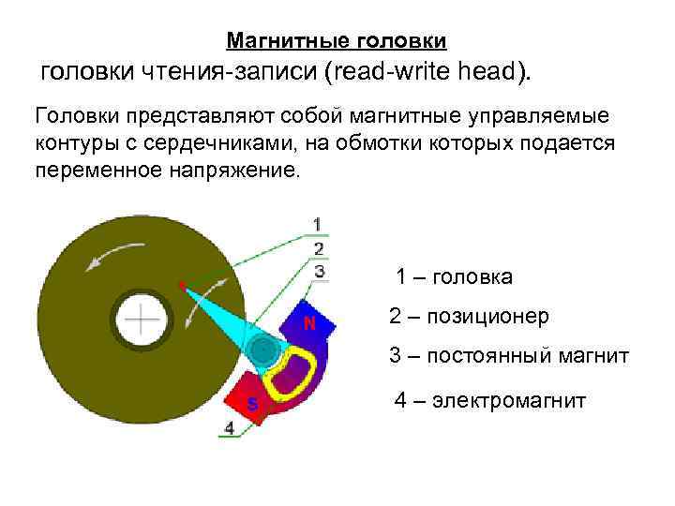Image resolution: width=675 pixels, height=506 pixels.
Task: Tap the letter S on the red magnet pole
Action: pyautogui.click(x=251, y=404)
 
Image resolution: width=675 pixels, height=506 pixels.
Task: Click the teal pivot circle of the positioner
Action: pyautogui.click(x=263, y=350)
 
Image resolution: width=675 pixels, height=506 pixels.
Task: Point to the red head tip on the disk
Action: pyautogui.click(x=180, y=283)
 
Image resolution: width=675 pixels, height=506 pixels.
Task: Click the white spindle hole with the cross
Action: pyautogui.click(x=142, y=320)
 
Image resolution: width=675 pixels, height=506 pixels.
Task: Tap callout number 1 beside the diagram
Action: pyautogui.click(x=318, y=224)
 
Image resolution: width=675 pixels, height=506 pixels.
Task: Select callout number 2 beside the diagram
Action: pyautogui.click(x=319, y=248)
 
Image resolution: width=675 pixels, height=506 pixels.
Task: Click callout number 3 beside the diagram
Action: pyautogui.click(x=319, y=271)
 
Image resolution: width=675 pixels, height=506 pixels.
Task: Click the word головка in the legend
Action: pyautogui.click(x=472, y=276)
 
